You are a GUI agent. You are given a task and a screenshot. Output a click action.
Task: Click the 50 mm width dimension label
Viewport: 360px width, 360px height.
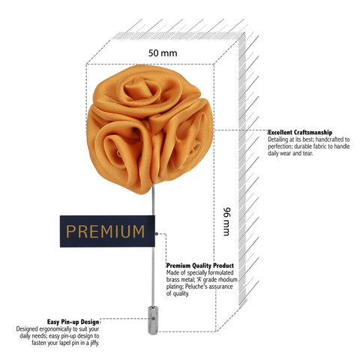(163, 53)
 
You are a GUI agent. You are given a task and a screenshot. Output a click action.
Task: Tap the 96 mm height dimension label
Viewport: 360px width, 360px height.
(226, 221)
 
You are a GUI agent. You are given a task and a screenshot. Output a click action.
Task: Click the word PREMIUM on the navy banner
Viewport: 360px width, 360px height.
(105, 232)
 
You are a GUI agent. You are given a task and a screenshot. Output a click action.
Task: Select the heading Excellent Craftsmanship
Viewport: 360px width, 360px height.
(300, 132)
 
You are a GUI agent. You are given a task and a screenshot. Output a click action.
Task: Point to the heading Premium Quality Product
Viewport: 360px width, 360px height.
(200, 265)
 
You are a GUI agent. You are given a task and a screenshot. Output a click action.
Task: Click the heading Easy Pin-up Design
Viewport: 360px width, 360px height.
(73, 322)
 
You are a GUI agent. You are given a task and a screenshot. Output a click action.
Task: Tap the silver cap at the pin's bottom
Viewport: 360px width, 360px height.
(153, 320)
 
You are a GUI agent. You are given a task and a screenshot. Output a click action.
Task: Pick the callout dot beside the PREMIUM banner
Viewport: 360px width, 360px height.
(157, 234)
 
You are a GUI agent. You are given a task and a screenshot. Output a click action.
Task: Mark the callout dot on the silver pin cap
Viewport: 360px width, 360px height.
(153, 319)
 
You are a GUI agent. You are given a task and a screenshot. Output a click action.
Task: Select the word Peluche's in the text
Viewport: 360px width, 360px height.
(196, 286)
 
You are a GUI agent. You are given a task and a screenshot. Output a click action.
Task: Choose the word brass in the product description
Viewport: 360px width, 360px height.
(172, 280)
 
